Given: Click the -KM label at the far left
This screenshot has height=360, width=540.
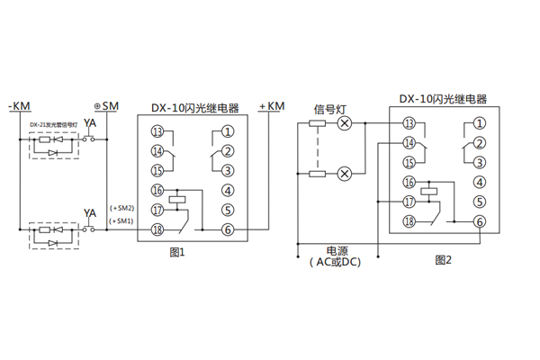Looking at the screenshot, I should coord(21,107).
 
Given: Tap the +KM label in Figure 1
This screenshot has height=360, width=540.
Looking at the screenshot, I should coord(271,107).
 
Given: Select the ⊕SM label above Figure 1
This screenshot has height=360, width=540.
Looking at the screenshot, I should coord(106,106).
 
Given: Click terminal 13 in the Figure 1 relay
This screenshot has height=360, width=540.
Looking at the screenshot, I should coord(157,132).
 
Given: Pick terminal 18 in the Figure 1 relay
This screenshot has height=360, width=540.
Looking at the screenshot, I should coord(157,229).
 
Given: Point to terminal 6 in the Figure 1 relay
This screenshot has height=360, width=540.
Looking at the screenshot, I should coord(228,229).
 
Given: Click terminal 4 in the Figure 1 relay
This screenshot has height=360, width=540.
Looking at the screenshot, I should coord(228,190).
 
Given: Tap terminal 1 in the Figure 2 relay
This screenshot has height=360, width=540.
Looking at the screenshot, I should coord(481,123).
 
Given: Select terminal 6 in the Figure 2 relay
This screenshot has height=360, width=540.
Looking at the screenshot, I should coord(481,221).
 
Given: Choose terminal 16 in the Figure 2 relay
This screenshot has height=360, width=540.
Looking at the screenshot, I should coord(409,182).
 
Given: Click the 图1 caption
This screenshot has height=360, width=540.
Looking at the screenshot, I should coord(177,253).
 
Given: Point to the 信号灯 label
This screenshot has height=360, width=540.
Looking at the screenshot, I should coord(329,108).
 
